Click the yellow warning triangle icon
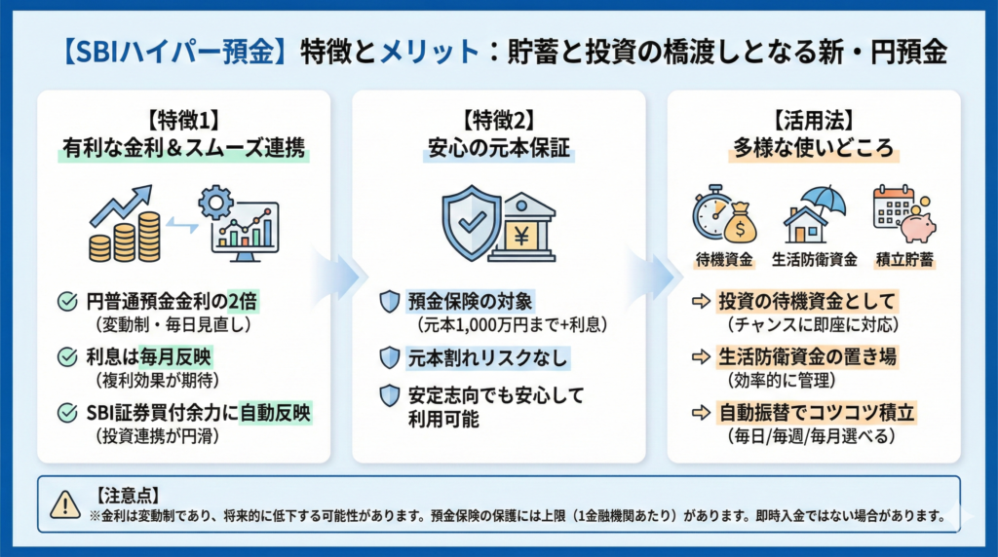click(x=64, y=503)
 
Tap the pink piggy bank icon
click(x=916, y=226)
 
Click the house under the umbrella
click(x=805, y=224)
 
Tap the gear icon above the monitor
click(x=215, y=203)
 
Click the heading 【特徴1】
click(x=184, y=123)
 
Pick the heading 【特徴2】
click(x=498, y=123)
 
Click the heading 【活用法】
click(x=814, y=123)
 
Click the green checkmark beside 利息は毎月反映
click(x=68, y=357)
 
